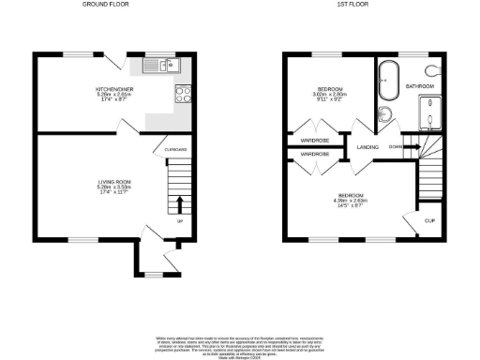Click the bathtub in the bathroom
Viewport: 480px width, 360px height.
(387, 81)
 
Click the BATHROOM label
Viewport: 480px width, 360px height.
(419, 86)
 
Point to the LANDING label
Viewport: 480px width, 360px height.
(367, 145)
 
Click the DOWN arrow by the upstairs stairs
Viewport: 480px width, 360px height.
(399, 145)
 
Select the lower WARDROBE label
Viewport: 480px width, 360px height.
(314, 154)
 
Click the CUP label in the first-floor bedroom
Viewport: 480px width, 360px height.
(429, 221)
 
